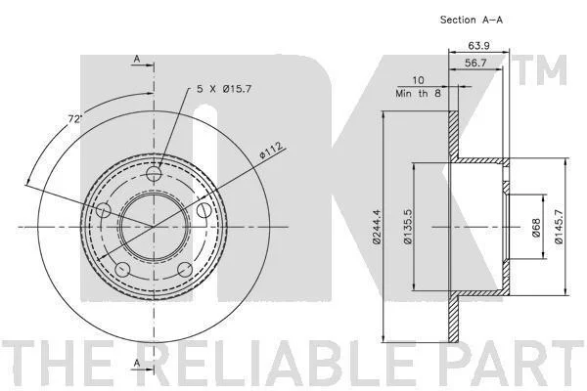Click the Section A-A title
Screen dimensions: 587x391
[472, 20]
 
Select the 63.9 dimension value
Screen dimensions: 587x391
[478, 46]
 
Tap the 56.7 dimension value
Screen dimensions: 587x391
[475, 63]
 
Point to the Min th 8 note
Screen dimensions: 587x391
[418, 93]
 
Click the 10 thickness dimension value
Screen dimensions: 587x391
[418, 80]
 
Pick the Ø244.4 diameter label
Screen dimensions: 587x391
[377, 227]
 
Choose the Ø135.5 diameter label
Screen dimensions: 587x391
[408, 227]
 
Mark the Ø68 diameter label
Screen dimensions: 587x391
[536, 227]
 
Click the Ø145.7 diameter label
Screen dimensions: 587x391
[559, 227]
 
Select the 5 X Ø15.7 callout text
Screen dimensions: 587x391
[224, 89]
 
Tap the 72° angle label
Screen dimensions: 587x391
[74, 119]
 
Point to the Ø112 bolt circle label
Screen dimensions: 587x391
[271, 151]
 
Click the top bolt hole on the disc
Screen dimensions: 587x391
[154, 174]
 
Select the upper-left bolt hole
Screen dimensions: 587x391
[104, 210]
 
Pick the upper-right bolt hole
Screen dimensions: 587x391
[204, 210]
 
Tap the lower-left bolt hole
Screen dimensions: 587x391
[123, 269]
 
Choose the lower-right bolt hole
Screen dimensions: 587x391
[185, 269]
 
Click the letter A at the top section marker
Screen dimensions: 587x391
[137, 59]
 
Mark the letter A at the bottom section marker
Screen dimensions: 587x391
[137, 363]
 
